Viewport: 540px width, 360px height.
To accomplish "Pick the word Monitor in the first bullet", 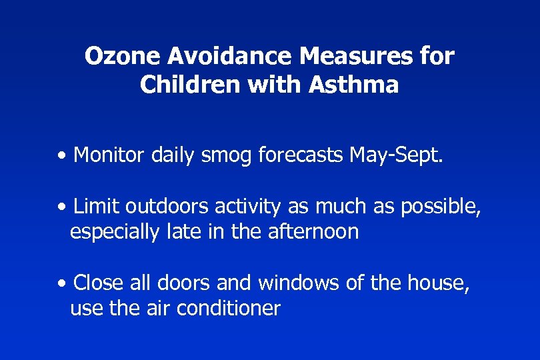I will point(109,155).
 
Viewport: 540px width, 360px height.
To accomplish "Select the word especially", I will point(113,233).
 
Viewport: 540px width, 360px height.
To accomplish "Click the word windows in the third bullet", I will point(299,283).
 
